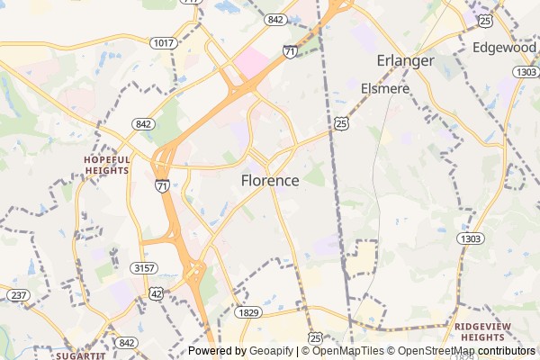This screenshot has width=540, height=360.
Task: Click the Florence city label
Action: (x=270, y=180)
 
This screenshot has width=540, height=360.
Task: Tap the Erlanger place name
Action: (x=405, y=60)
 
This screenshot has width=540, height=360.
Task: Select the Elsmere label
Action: (x=385, y=88)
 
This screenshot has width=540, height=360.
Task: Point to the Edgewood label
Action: (x=505, y=47)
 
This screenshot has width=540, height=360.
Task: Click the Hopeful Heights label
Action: (x=107, y=164)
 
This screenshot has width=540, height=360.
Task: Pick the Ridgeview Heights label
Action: (x=490, y=331)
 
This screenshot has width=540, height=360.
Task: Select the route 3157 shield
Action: (x=145, y=268)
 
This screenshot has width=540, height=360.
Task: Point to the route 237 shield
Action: (x=17, y=295)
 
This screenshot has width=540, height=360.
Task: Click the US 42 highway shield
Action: (x=157, y=293)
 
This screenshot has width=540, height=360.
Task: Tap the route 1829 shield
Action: (x=249, y=312)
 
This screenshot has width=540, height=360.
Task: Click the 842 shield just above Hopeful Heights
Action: (x=142, y=123)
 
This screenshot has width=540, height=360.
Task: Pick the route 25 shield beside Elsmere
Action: (x=341, y=121)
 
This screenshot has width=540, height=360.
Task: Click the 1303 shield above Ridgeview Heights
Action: (x=469, y=238)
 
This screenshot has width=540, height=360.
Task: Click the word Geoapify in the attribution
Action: (x=270, y=351)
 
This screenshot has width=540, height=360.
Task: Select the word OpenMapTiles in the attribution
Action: (x=347, y=351)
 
